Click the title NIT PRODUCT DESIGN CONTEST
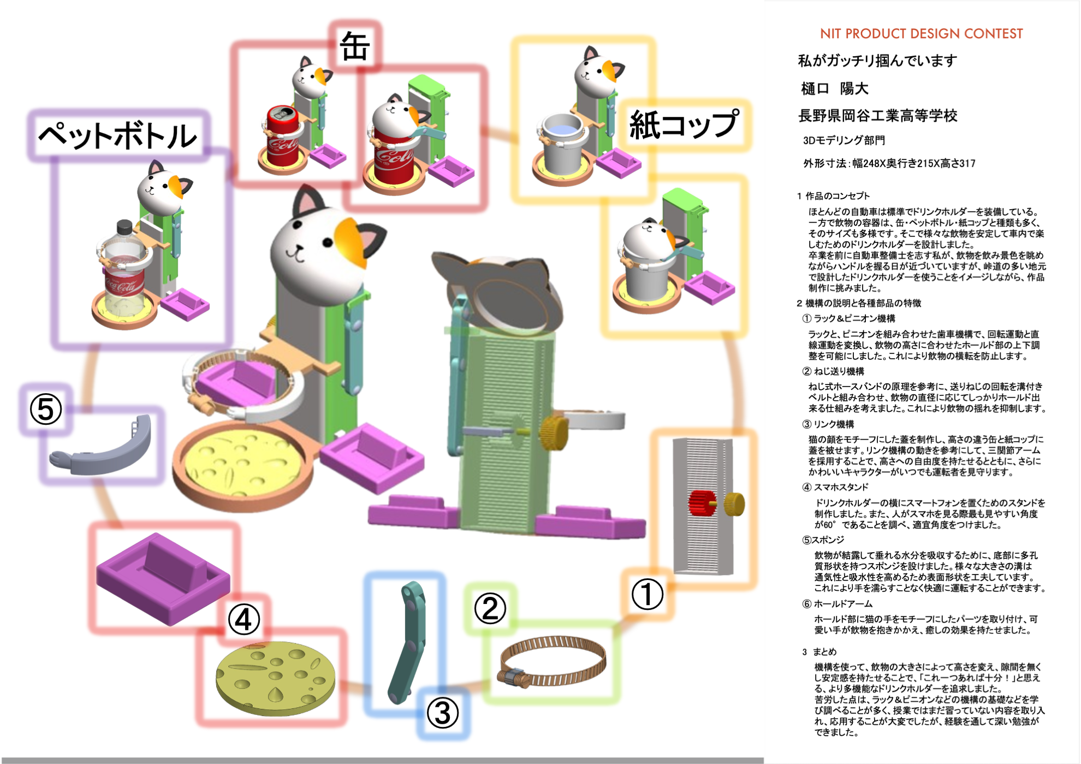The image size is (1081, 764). [x=921, y=34]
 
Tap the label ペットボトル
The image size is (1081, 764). [x=117, y=135]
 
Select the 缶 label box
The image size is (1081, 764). [x=355, y=46]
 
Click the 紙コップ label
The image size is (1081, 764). [x=684, y=125]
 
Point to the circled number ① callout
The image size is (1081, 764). [x=647, y=594]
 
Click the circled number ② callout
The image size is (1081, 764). [x=490, y=608]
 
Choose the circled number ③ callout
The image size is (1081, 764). [x=442, y=713]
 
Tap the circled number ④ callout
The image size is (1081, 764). [x=243, y=619]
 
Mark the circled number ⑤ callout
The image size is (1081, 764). [x=46, y=410]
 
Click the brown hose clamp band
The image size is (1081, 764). [x=553, y=662]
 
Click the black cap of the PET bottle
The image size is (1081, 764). [x=124, y=226]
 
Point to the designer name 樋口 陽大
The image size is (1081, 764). [x=834, y=88]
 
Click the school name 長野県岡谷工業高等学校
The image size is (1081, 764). [x=877, y=116]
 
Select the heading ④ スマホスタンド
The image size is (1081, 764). [x=835, y=487]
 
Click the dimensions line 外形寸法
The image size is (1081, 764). [x=889, y=163]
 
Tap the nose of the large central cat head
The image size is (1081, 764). [x=298, y=249]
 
